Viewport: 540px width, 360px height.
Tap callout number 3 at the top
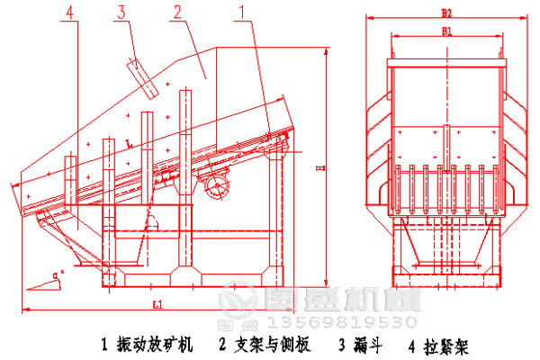pos(120,12)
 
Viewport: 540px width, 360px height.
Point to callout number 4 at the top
pos(70,12)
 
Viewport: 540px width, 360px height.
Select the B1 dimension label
pos(445,31)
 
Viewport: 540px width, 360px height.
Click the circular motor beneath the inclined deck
pos(216,185)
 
